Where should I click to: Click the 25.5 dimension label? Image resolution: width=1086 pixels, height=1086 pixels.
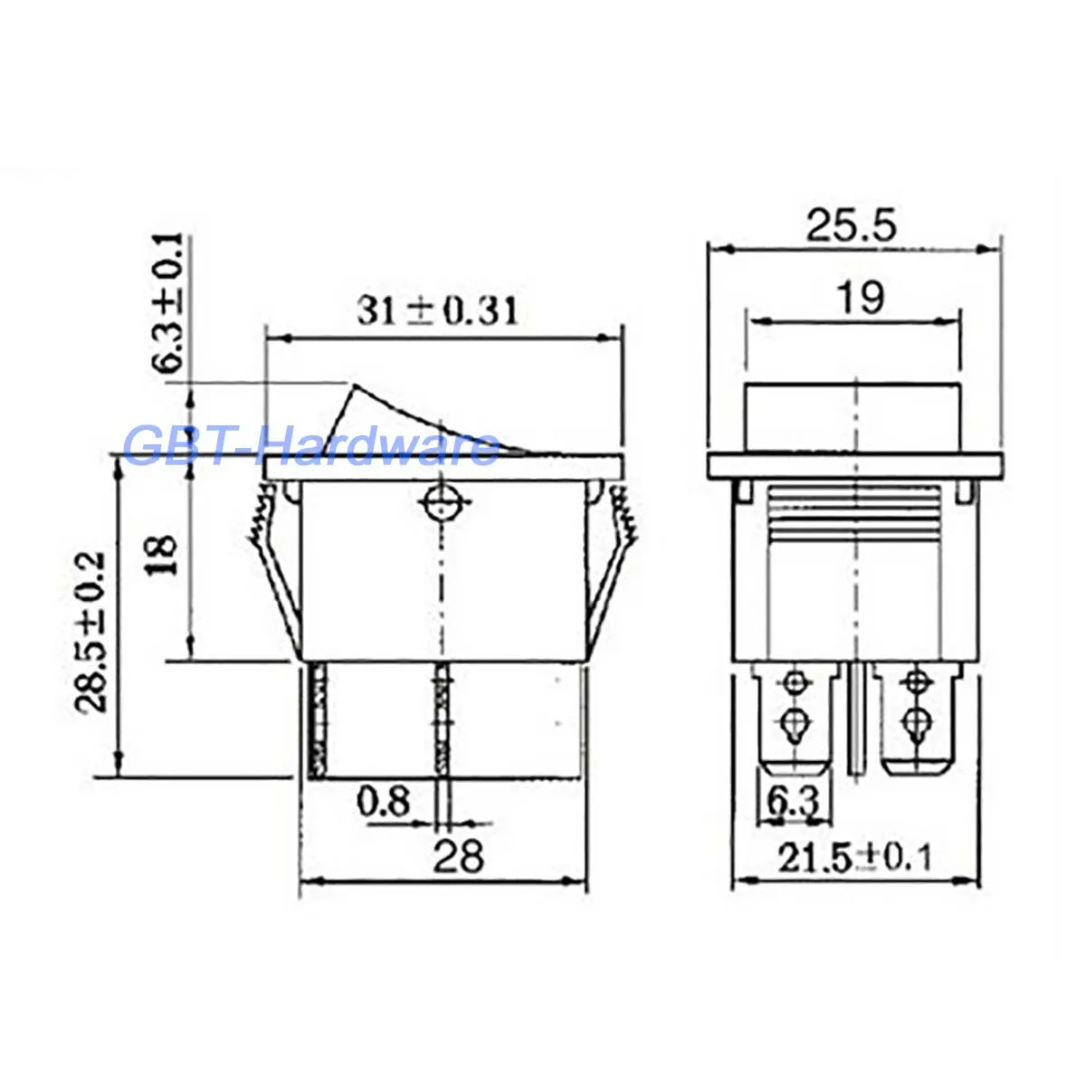[851, 226]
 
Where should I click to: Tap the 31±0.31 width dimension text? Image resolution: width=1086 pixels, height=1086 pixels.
[437, 311]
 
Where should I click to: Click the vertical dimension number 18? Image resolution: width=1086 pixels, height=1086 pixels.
[163, 555]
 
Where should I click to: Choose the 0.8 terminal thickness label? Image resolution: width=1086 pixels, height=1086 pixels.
[383, 801]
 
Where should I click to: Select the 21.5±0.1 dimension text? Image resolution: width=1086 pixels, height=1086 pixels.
[854, 859]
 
